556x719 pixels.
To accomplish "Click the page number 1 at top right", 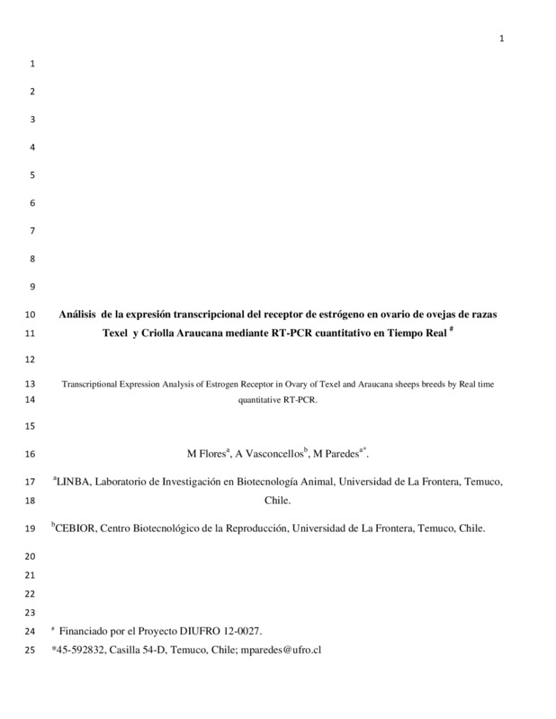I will click(502, 37).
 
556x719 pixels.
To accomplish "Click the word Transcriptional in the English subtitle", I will click(90, 384).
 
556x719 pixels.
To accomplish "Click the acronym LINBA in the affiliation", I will click(75, 482).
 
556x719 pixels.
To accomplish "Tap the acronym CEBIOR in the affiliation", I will click(78, 529).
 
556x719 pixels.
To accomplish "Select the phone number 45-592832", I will click(82, 648).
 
